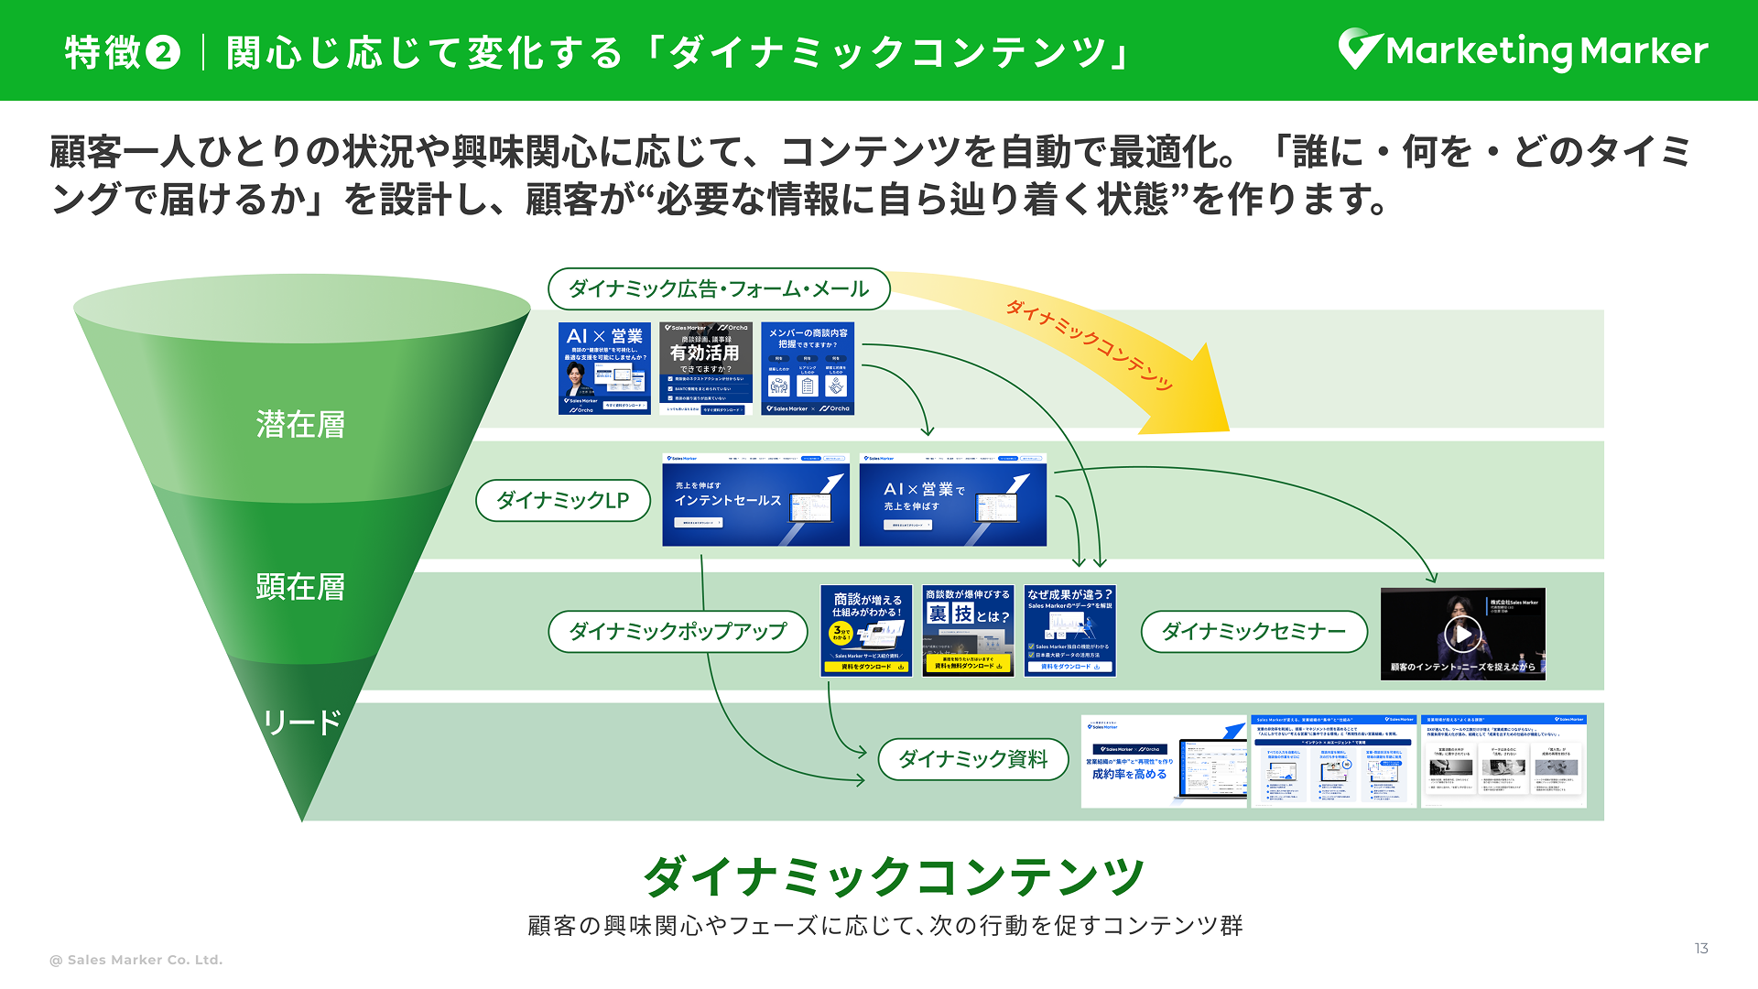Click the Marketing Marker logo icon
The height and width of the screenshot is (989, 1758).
(x=1359, y=49)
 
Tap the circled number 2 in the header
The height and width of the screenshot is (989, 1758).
(x=163, y=52)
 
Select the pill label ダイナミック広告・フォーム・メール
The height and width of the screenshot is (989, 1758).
(x=719, y=289)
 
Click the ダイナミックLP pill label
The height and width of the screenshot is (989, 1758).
(x=562, y=501)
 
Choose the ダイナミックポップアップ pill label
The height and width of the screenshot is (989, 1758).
(x=678, y=631)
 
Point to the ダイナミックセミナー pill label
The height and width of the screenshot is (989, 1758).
(x=1253, y=631)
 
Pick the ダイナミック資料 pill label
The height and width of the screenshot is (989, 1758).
(x=972, y=759)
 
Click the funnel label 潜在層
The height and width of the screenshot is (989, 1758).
(x=300, y=425)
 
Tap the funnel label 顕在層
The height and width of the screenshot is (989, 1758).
(x=300, y=587)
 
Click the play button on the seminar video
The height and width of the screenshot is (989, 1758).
(x=1462, y=634)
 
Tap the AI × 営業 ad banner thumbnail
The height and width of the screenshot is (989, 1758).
(x=604, y=368)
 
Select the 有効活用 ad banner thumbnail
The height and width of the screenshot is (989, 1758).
(x=705, y=368)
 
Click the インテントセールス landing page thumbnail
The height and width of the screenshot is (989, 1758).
(x=755, y=501)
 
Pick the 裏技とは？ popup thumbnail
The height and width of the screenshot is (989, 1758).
(x=967, y=631)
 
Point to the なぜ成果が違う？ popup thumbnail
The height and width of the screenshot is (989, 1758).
(x=1069, y=631)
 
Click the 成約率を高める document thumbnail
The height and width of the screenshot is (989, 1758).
(x=1164, y=762)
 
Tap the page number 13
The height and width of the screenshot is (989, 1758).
(x=1701, y=949)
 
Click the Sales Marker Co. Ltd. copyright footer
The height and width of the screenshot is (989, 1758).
(x=136, y=960)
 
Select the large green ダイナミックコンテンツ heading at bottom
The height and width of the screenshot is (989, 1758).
(x=894, y=877)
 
